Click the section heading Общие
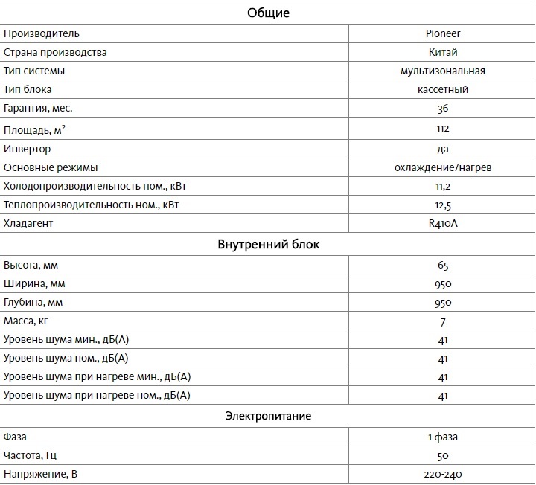pyautogui.click(x=268, y=13)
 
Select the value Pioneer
pyautogui.click(x=443, y=33)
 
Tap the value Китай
pyautogui.click(x=443, y=52)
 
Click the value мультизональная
pyautogui.click(x=443, y=71)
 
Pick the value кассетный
pyautogui.click(x=443, y=89)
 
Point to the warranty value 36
pyautogui.click(x=443, y=109)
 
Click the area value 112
pyautogui.click(x=443, y=128)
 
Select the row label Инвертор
pyautogui.click(x=28, y=149)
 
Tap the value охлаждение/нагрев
pyautogui.click(x=443, y=167)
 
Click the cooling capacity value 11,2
pyautogui.click(x=443, y=186)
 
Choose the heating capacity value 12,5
pyautogui.click(x=443, y=205)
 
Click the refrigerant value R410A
pyautogui.click(x=443, y=223)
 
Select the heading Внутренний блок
pyautogui.click(x=268, y=244)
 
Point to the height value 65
pyautogui.click(x=443, y=266)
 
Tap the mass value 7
pyautogui.click(x=443, y=321)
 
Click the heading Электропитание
pyautogui.click(x=268, y=416)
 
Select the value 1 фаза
pyautogui.click(x=443, y=437)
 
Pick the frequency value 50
pyautogui.click(x=443, y=455)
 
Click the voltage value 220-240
pyautogui.click(x=443, y=474)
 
